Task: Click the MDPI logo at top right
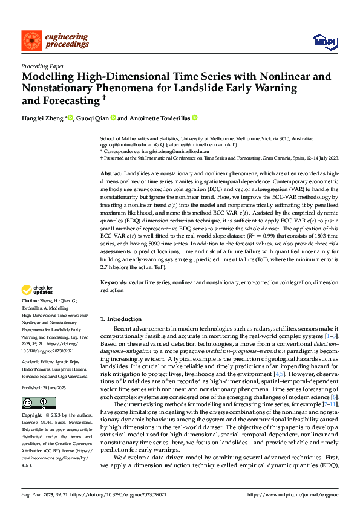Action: point(324,41)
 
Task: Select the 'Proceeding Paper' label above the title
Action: point(43,66)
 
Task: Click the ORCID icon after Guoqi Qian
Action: point(113,118)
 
